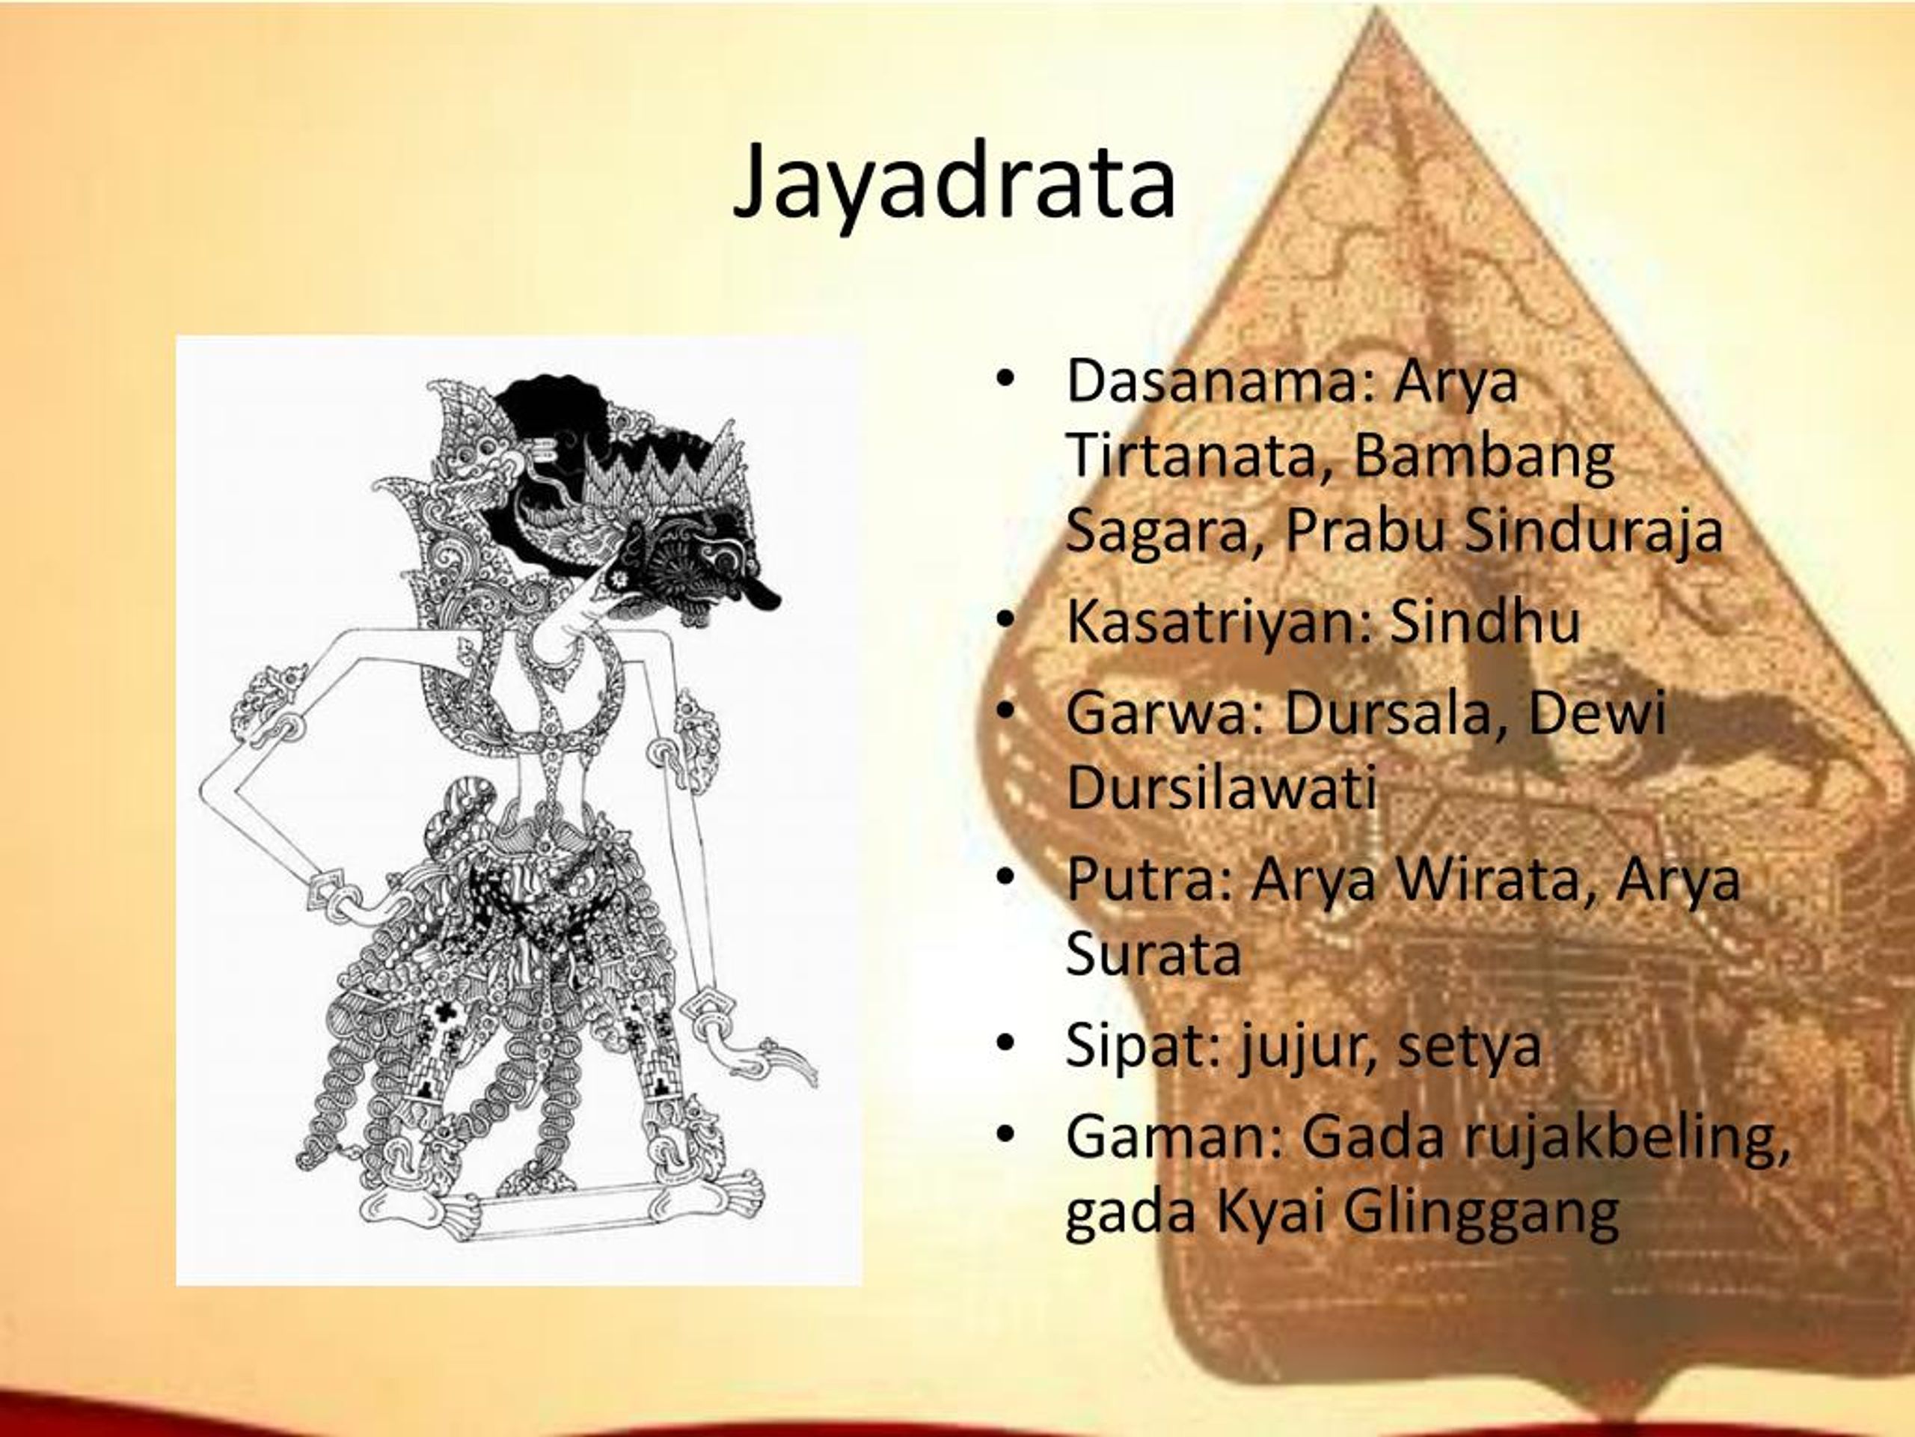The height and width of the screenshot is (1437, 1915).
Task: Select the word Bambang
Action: coord(1484,457)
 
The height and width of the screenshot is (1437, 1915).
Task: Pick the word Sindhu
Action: coord(1485,620)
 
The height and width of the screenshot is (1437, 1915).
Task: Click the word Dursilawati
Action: coord(1221,787)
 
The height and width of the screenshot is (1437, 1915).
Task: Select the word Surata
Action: coord(1153,954)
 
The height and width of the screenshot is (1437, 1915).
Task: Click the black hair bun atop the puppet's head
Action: coord(554,407)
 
